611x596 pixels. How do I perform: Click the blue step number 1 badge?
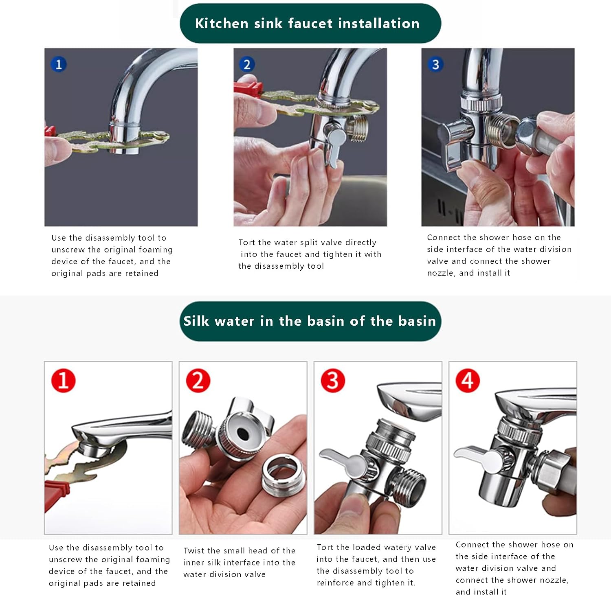[x=59, y=64]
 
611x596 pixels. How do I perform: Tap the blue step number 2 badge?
[x=246, y=64]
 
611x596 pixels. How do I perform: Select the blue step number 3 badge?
[x=435, y=64]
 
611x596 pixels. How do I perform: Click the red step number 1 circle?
[x=63, y=380]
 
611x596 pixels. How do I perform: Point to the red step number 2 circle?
[x=198, y=380]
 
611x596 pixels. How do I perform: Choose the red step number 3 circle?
[x=333, y=380]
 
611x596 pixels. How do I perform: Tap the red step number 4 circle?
[x=468, y=380]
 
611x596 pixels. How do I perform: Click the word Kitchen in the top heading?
[x=222, y=23]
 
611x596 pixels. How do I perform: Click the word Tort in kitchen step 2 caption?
[x=247, y=242]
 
